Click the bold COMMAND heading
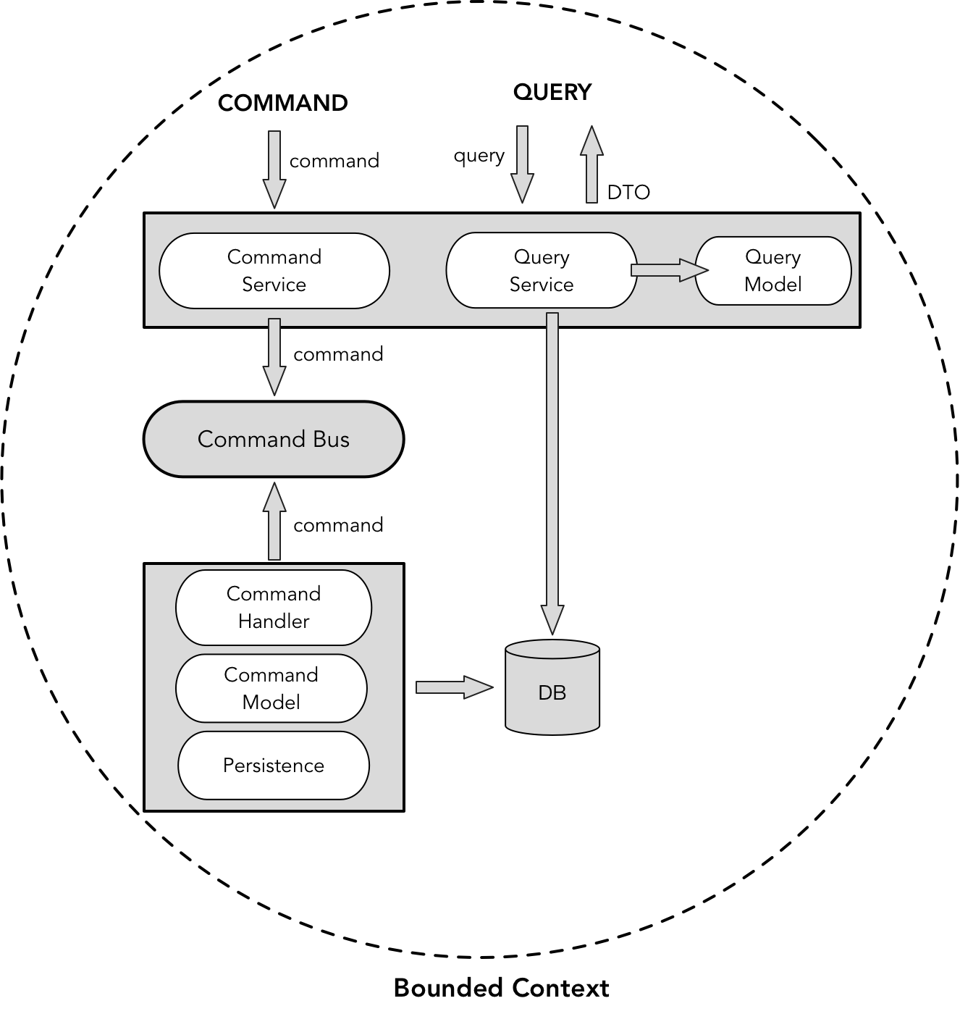pyautogui.click(x=282, y=103)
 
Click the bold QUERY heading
pyautogui.click(x=552, y=92)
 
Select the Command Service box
pyautogui.click(x=274, y=271)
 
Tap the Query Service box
pyautogui.click(x=541, y=270)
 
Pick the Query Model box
pyautogui.click(x=772, y=270)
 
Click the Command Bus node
pyautogui.click(x=274, y=439)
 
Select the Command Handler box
pyautogui.click(x=274, y=607)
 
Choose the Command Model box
pyautogui.click(x=271, y=688)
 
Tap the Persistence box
pyautogui.click(x=274, y=765)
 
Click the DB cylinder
pyautogui.click(x=552, y=688)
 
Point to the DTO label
pyautogui.click(x=628, y=192)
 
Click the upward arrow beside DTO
pyautogui.click(x=591, y=164)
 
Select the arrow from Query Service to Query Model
pyautogui.click(x=668, y=270)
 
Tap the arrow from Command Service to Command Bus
pyautogui.click(x=274, y=356)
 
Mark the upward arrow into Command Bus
pyautogui.click(x=274, y=521)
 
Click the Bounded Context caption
pyautogui.click(x=501, y=988)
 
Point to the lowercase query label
pyautogui.click(x=479, y=156)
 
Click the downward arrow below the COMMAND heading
pyautogui.click(x=274, y=169)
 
